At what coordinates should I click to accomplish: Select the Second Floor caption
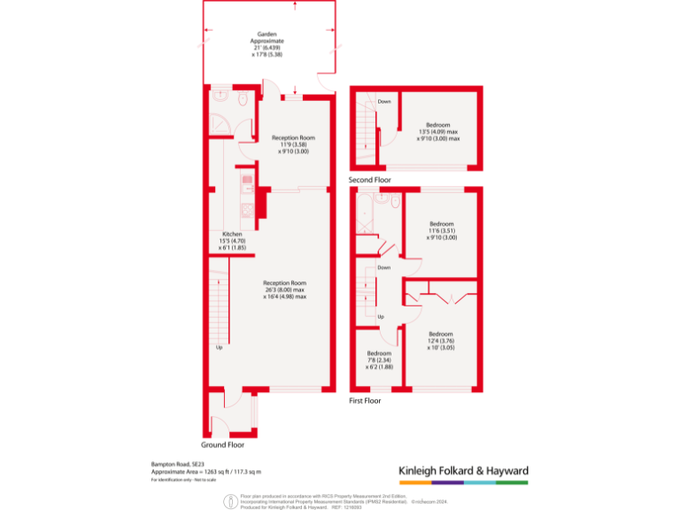click(x=371, y=180)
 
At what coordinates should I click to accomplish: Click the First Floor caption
click(x=365, y=401)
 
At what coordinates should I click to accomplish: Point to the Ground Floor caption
click(x=223, y=444)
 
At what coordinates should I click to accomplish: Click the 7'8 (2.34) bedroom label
click(x=379, y=359)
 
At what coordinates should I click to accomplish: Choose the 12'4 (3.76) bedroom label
click(x=441, y=340)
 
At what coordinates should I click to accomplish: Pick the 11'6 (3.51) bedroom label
click(x=441, y=230)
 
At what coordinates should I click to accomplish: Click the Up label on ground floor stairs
click(x=220, y=346)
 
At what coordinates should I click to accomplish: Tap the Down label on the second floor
click(x=384, y=102)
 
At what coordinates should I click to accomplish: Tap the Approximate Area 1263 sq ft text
click(x=205, y=472)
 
